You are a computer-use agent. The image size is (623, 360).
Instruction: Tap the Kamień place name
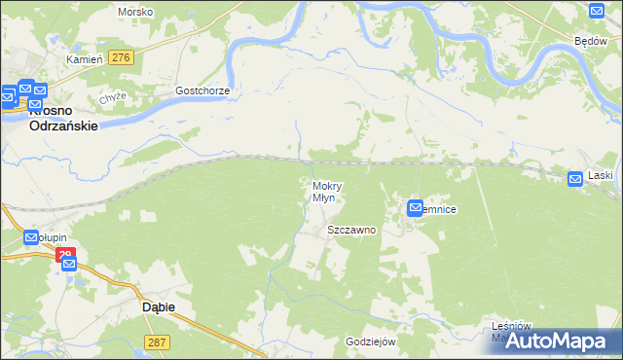click(x=84, y=59)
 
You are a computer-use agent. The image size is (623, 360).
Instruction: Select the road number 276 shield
click(x=122, y=58)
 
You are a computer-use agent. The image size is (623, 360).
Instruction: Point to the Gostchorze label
click(x=202, y=90)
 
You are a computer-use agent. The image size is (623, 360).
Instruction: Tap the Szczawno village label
click(x=351, y=231)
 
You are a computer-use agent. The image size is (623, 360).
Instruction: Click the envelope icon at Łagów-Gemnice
click(x=416, y=207)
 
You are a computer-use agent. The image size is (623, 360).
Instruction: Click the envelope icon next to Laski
click(x=576, y=177)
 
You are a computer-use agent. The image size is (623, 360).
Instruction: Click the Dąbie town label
click(x=145, y=306)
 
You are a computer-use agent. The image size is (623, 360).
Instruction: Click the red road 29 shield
click(x=65, y=256)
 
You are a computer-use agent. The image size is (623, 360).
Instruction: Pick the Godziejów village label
click(x=371, y=342)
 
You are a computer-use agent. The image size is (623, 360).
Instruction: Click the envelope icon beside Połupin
click(x=30, y=237)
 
